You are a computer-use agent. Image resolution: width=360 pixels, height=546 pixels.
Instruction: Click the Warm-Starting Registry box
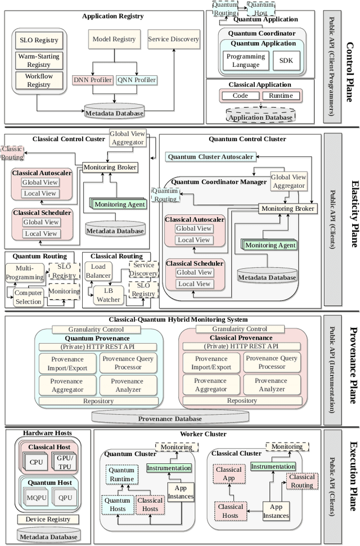(39, 60)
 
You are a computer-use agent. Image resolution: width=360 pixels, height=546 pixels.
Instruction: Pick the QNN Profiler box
(137, 80)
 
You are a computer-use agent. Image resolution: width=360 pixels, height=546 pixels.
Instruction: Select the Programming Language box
(245, 60)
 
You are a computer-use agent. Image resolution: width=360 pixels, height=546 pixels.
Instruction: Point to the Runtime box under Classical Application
(281, 96)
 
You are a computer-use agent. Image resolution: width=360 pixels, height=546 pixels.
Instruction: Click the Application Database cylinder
(260, 116)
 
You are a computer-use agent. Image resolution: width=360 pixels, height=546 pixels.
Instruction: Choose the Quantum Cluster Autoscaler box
(210, 156)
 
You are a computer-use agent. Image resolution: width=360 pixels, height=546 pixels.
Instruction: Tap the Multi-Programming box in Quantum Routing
(25, 273)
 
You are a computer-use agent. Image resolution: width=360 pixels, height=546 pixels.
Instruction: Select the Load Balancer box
(98, 272)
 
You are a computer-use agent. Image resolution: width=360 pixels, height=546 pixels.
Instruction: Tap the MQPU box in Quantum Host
(37, 499)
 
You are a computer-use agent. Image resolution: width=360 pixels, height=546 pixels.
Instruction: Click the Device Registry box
(48, 519)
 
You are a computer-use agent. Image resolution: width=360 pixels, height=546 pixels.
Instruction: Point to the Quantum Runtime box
(121, 475)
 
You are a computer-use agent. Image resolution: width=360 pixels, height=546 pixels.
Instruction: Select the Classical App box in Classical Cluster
(228, 473)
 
